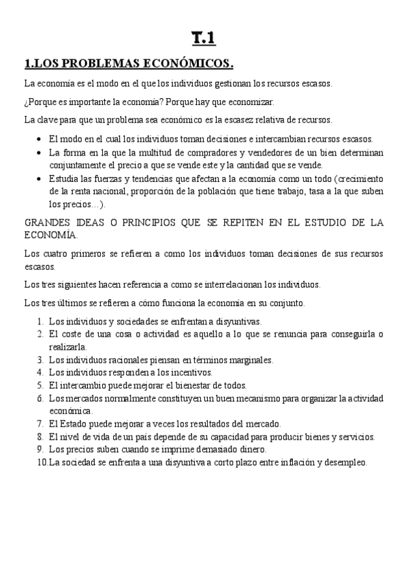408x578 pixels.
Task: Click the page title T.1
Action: pyautogui.click(x=204, y=40)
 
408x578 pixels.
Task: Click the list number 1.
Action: pyautogui.click(x=40, y=322)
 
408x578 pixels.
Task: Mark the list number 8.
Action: pyautogui.click(x=40, y=437)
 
